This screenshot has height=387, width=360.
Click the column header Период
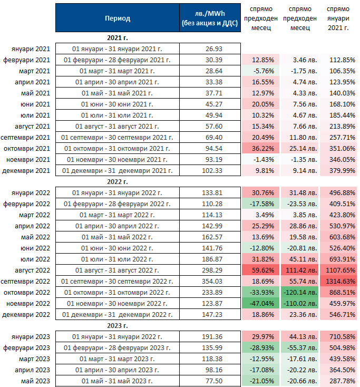[x=117, y=18]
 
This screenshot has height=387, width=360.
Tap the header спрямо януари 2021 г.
[x=337, y=18]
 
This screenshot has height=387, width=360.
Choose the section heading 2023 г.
[x=117, y=325]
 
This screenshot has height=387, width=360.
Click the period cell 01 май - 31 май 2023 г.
[x=117, y=380]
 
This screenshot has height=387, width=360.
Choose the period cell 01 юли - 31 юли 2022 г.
[x=117, y=259]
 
